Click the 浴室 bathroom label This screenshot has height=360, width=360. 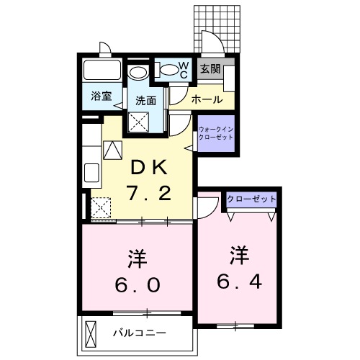[101, 96]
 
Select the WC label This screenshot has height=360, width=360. [183, 70]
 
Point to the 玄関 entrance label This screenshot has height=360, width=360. [210, 70]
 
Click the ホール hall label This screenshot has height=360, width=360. [207, 99]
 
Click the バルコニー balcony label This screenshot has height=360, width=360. [140, 333]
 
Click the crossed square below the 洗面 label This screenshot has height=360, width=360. [139, 122]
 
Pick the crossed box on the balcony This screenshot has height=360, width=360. [90, 333]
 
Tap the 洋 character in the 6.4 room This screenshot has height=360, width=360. [239, 253]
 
